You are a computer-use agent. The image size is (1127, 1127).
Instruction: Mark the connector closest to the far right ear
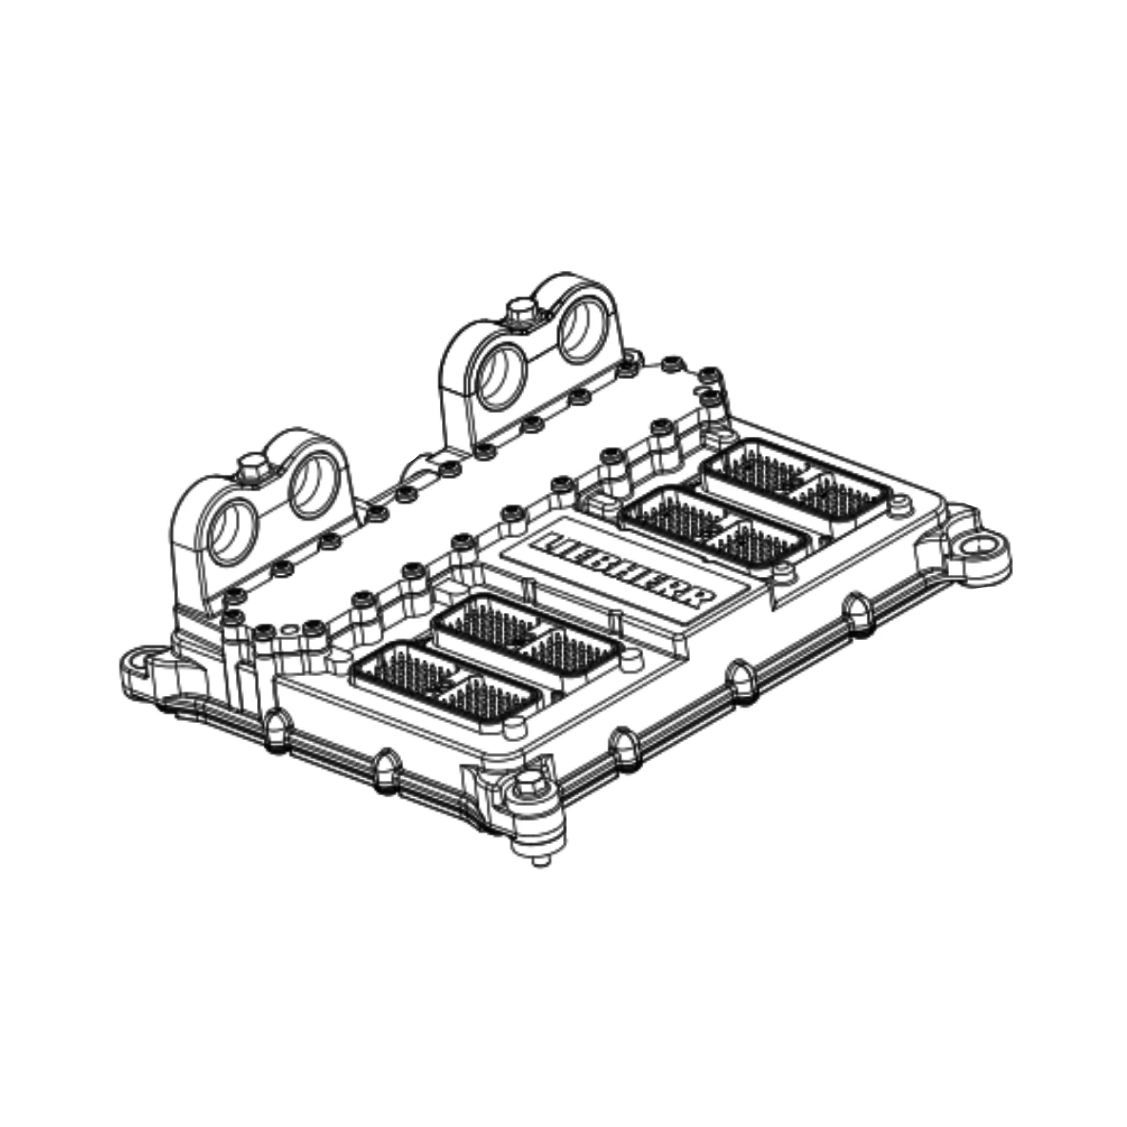(x=797, y=478)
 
